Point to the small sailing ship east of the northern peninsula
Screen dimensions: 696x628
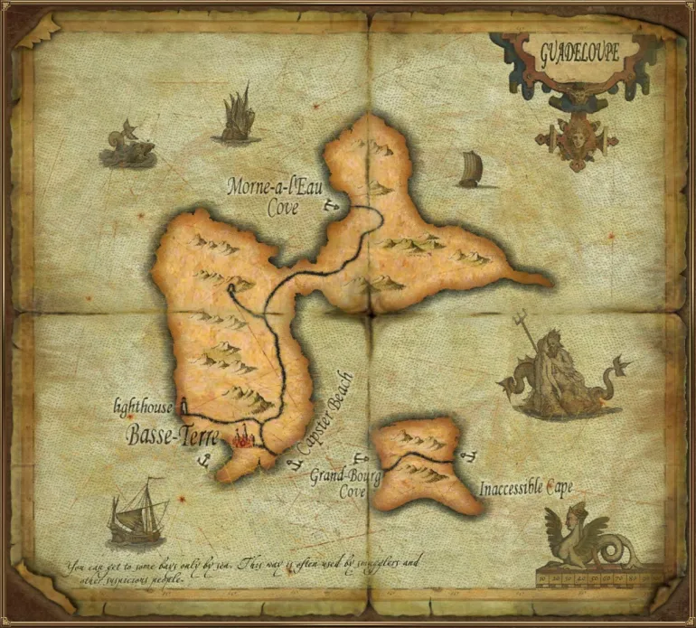click(468, 170)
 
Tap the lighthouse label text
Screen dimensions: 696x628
click(143, 408)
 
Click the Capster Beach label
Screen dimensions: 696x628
click(324, 410)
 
